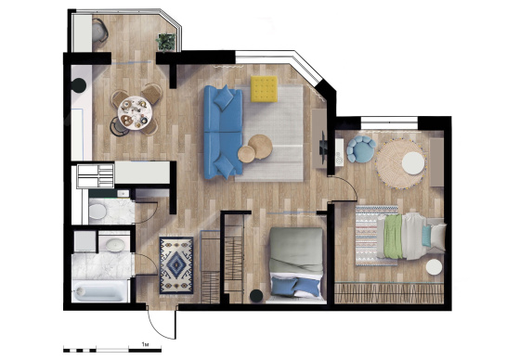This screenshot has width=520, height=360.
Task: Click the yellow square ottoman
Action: (264, 88)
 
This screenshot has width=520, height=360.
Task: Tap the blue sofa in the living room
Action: (223, 132)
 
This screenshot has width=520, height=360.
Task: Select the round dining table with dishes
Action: (135, 112)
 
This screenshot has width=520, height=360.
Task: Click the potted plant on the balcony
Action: (166, 42)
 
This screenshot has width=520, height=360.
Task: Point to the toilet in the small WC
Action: (97, 212)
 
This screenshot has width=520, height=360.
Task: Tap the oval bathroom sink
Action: (115, 245)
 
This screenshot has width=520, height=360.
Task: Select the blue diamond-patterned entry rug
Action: (176, 265)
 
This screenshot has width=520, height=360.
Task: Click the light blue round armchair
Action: (361, 148)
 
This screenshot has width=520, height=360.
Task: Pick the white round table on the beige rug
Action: (413, 163)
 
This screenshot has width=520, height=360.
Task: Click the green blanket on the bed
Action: (394, 236)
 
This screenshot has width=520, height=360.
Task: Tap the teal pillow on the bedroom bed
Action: (427, 236)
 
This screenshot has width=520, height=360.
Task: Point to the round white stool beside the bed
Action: (435, 267)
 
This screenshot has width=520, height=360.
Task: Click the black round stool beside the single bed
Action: (256, 296)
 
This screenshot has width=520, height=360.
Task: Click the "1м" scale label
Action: (145, 344)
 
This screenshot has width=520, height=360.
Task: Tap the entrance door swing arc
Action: (158, 328)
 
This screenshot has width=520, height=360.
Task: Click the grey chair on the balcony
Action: (100, 31)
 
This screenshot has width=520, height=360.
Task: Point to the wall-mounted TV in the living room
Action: (323, 147)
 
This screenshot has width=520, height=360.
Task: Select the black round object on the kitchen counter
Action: (79, 85)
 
